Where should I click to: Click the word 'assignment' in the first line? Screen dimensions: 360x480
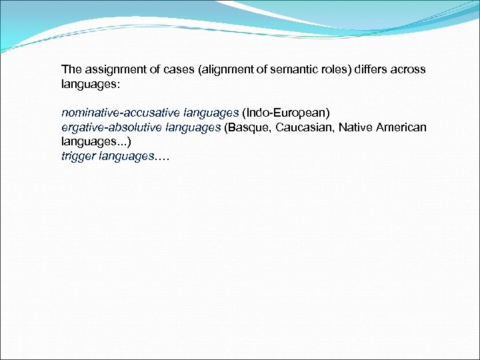pyautogui.click(x=111, y=69)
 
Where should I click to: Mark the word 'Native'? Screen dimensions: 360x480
pyautogui.click(x=356, y=127)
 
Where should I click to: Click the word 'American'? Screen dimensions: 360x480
pyautogui.click(x=401, y=127)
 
